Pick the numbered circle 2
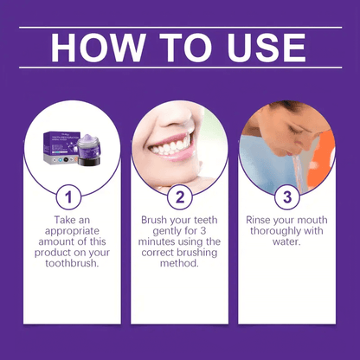[179, 196]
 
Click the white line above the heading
[180, 27]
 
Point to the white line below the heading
[180, 68]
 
